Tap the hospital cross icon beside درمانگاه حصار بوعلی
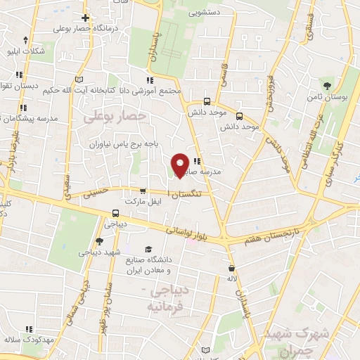(85, 18)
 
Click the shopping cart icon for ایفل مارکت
(143, 191)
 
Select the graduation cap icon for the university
(148, 249)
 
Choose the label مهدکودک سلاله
(29, 340)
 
